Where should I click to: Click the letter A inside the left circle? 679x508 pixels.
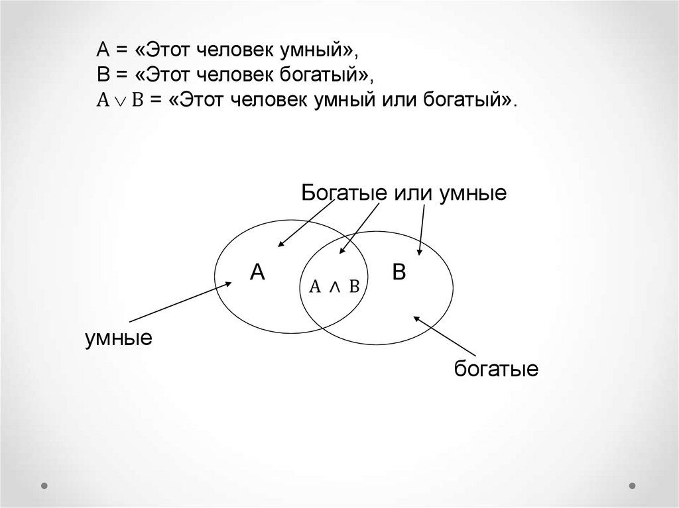coord(257,272)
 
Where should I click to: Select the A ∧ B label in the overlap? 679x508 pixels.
coord(334,286)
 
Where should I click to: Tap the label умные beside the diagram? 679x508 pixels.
coord(119,339)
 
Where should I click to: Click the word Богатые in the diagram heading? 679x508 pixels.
coord(345,193)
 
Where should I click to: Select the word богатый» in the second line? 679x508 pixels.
coord(324,75)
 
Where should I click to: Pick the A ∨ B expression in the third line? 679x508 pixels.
coord(121,100)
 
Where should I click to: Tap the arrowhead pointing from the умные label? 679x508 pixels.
coord(228,284)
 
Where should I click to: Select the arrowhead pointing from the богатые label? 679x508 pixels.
coord(416,319)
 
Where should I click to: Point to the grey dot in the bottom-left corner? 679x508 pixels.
coord(44,485)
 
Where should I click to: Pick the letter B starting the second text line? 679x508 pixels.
coord(103,75)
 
